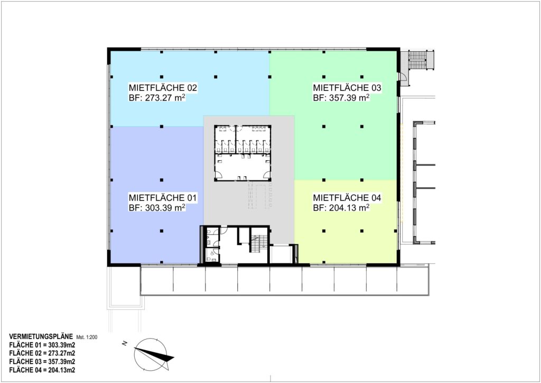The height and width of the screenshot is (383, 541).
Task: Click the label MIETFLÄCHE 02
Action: [163, 88]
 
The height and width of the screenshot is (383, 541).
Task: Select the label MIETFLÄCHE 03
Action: [347, 88]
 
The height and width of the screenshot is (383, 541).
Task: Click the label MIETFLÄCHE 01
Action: [163, 197]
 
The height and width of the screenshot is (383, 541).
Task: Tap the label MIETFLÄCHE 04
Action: [347, 197]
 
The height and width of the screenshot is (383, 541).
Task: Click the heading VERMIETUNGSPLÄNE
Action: [41, 336]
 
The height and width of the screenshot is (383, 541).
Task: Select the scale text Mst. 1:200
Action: [87, 337]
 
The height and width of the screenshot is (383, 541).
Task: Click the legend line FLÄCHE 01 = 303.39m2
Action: [42, 345]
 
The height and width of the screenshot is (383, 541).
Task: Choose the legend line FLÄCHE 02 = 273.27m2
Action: [42, 353]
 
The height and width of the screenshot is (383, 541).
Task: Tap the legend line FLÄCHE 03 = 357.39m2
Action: [42, 362]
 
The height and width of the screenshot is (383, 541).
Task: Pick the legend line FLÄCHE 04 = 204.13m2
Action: [42, 370]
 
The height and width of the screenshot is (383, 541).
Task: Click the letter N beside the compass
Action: [125, 343]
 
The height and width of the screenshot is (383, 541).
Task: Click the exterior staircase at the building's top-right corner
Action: [417, 60]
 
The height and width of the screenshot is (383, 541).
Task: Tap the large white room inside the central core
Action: [242, 168]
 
